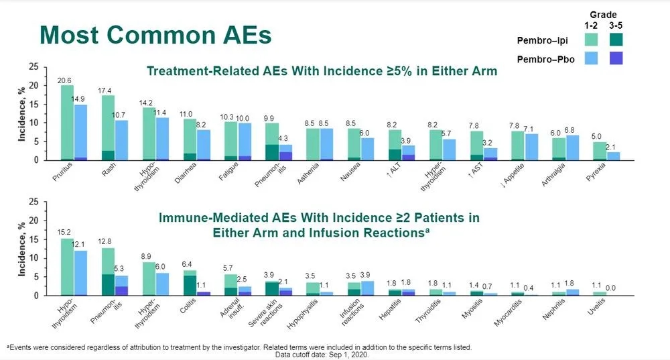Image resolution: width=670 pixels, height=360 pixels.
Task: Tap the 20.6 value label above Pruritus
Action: click(x=65, y=81)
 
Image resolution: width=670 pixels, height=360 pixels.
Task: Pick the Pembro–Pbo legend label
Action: click(x=545, y=60)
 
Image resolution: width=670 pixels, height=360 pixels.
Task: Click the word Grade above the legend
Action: click(x=603, y=14)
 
